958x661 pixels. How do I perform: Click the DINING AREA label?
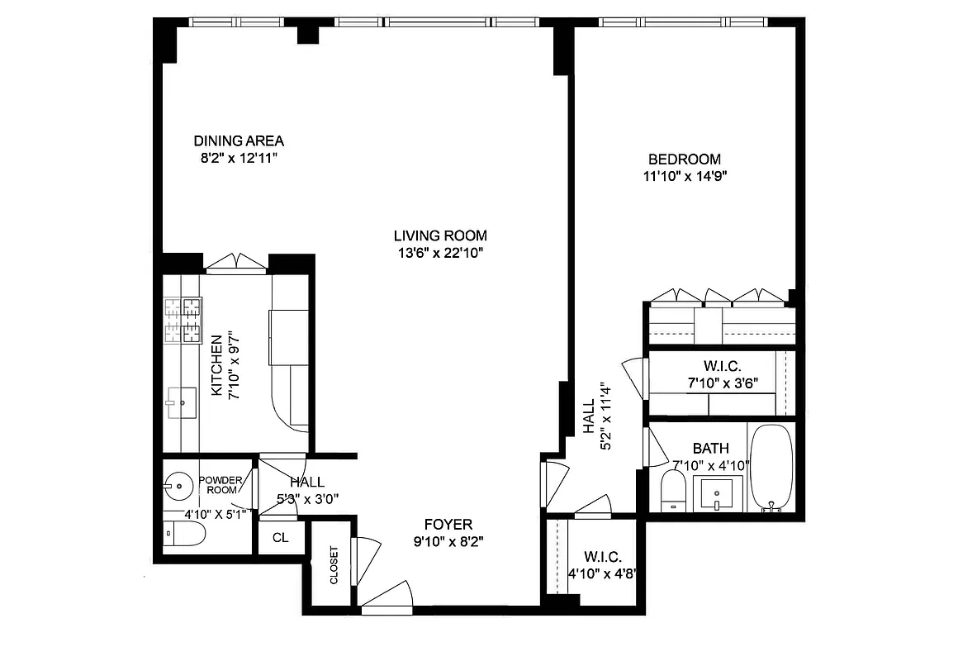pyautogui.click(x=239, y=140)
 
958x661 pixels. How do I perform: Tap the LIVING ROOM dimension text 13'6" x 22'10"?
pyautogui.click(x=439, y=253)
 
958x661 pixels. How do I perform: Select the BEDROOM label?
pyautogui.click(x=684, y=159)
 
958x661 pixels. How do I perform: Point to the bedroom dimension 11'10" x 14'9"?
pyautogui.click(x=684, y=175)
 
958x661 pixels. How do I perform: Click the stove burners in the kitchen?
pyautogui.click(x=183, y=321)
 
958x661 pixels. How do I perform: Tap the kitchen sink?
pyautogui.click(x=178, y=405)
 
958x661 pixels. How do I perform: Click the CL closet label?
pyautogui.click(x=280, y=538)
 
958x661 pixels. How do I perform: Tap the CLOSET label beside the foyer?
pyautogui.click(x=334, y=565)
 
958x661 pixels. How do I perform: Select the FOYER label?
pyautogui.click(x=448, y=525)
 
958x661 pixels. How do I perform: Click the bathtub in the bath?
pyautogui.click(x=771, y=467)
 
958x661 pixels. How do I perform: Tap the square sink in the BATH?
pyautogui.click(x=715, y=493)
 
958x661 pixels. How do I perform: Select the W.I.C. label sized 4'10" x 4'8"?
pyautogui.click(x=602, y=557)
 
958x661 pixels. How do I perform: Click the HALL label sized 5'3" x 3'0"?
pyautogui.click(x=306, y=483)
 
